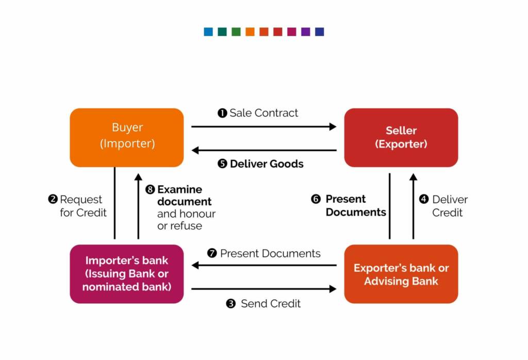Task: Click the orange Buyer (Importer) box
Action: tap(127, 137)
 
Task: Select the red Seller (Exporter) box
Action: tap(401, 137)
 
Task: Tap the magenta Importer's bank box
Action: tap(127, 273)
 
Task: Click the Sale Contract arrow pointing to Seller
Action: tap(263, 126)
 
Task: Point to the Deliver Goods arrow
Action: tap(263, 151)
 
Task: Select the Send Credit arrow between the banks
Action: tap(263, 289)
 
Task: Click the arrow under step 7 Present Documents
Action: tap(263, 266)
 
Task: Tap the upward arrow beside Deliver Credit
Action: tap(413, 206)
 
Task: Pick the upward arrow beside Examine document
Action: tap(138, 206)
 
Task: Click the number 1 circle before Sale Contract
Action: tap(222, 113)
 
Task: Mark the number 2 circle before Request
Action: tap(53, 200)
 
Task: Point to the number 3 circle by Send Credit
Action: tap(231, 304)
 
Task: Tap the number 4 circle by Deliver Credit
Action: tap(424, 200)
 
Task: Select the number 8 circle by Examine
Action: tap(150, 189)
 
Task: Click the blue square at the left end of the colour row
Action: tap(208, 32)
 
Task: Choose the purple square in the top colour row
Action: tap(306, 32)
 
